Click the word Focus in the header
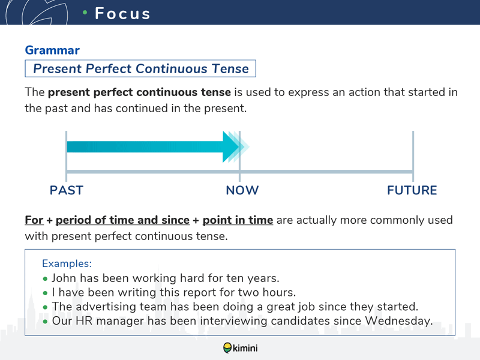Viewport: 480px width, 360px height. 122,13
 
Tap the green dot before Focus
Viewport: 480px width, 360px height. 85,12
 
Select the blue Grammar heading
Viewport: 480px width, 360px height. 52,50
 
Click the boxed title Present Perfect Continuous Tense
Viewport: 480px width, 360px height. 141,68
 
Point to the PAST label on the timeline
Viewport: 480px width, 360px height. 67,190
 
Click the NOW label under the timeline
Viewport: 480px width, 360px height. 242,190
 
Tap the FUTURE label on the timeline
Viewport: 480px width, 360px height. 412,190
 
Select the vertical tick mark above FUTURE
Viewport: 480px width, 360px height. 413,156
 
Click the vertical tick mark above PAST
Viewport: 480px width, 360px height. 66,156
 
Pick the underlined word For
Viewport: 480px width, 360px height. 34,220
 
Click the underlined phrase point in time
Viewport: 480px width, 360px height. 238,220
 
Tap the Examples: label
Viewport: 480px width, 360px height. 67,263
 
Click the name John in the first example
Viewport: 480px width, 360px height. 64,278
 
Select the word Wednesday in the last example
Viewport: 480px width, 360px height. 399,321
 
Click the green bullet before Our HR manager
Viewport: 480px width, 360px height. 46,322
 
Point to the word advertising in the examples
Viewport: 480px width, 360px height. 106,307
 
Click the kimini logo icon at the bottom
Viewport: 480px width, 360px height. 227,348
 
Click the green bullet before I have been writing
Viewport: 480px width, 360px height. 46,293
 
